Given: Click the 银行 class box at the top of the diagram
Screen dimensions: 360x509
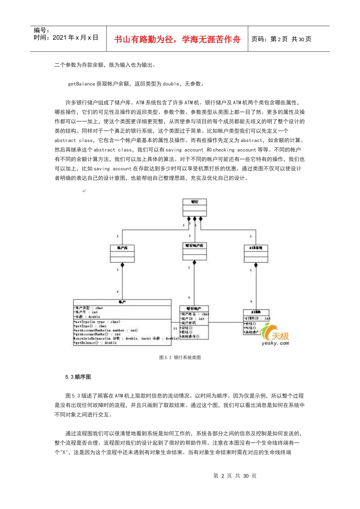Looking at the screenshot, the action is pyautogui.click(x=194, y=208).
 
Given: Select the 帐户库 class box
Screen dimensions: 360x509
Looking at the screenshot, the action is pyautogui.click(x=122, y=253).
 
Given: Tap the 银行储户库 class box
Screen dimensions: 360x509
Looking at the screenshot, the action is pyautogui.click(x=194, y=251).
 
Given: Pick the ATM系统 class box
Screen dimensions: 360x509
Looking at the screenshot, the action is pyautogui.click(x=256, y=253).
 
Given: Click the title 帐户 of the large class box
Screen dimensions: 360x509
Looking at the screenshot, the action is pyautogui.click(x=122, y=302).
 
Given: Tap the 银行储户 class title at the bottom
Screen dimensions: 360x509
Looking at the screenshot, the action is pyautogui.click(x=194, y=309).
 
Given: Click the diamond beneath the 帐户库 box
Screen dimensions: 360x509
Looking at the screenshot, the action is pyautogui.click(x=122, y=265).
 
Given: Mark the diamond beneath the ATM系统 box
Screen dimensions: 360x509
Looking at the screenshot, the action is pyautogui.click(x=256, y=265).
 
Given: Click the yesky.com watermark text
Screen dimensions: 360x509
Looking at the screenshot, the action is pyautogui.click(x=275, y=343).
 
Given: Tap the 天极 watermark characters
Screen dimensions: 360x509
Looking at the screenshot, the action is pyautogui.click(x=280, y=336).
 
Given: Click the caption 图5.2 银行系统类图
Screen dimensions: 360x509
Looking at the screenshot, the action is pyautogui.click(x=180, y=358).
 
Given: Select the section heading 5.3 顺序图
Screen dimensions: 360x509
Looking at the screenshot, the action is pyautogui.click(x=78, y=377).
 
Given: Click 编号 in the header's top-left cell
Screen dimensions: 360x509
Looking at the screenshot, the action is pyautogui.click(x=41, y=30).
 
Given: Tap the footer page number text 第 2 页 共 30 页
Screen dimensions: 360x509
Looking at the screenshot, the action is pyautogui.click(x=235, y=476).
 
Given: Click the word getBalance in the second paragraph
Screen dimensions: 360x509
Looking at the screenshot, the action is pyautogui.click(x=81, y=84).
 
